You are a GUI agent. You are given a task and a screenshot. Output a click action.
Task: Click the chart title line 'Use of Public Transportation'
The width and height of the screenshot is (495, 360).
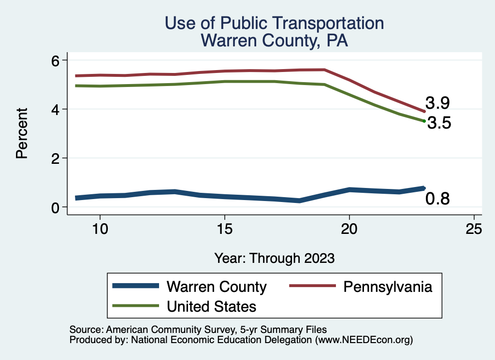click(x=275, y=23)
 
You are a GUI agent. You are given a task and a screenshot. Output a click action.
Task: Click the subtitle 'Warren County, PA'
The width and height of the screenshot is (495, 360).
click(x=275, y=41)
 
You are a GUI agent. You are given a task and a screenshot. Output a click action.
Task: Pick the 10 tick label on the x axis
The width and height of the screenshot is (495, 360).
click(x=100, y=229)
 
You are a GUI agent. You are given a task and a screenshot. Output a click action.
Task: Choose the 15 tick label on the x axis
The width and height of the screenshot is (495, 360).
click(x=224, y=229)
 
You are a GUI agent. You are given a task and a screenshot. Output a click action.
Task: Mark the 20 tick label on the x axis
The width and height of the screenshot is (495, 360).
click(x=349, y=229)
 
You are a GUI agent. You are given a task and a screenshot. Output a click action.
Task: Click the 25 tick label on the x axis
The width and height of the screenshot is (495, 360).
click(x=474, y=229)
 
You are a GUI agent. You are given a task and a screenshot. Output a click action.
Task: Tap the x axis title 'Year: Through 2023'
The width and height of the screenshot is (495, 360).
click(x=275, y=258)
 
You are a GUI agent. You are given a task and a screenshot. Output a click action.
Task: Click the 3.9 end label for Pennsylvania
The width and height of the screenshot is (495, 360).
click(x=438, y=102)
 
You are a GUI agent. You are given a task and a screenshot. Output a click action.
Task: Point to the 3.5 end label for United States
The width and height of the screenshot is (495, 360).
click(x=439, y=123)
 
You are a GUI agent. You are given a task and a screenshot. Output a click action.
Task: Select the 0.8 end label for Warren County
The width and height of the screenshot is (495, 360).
click(x=437, y=198)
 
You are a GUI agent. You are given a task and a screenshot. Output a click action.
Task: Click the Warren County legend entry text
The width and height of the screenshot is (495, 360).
click(x=217, y=287)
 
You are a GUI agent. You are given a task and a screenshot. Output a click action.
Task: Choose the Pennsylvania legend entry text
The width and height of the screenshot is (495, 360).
click(x=388, y=287)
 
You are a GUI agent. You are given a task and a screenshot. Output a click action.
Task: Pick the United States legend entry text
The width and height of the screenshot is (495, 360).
click(x=211, y=306)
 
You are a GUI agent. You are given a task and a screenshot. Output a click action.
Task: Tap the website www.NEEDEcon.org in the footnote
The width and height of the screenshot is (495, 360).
click(x=364, y=340)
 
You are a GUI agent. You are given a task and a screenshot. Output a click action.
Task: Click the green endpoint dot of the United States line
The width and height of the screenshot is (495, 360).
click(x=424, y=121)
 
